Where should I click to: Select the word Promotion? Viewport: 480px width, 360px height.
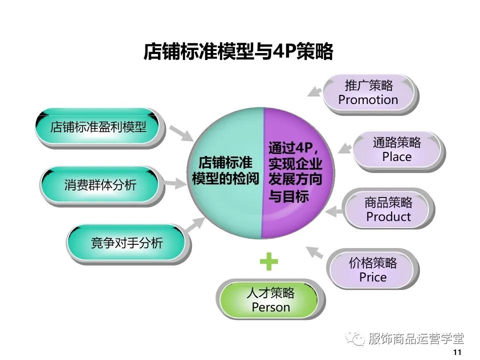coord(368,100)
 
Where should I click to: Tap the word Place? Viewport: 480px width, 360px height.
coord(396,157)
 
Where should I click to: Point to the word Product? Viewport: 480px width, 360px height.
coord(388,217)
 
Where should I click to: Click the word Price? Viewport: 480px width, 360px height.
coord(373,277)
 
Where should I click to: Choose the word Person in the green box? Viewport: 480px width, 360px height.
coord(270,307)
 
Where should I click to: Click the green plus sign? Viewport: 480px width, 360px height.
coord(268,262)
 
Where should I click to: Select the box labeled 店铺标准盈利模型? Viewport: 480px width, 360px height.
coord(98,127)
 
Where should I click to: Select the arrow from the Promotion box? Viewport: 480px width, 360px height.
coord(314,90)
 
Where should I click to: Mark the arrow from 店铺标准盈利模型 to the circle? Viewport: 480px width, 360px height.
coord(180,132)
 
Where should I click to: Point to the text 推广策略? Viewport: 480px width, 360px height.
coord(369,85)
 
